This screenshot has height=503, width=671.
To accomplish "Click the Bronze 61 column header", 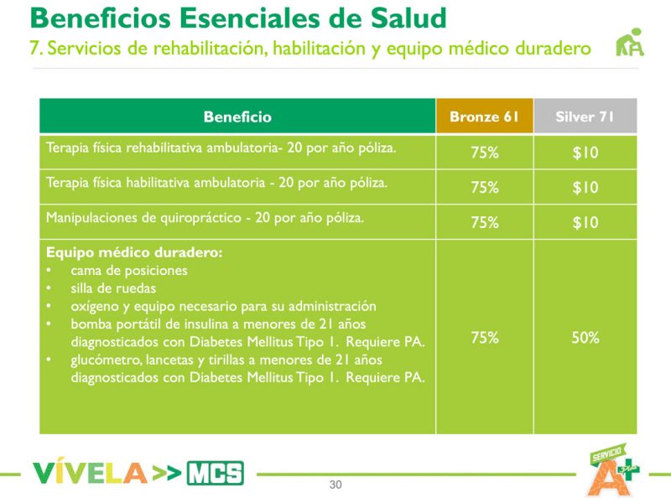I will [484, 117].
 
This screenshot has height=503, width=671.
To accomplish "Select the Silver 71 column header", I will [585, 117].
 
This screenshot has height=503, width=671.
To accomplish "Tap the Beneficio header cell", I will [237, 117].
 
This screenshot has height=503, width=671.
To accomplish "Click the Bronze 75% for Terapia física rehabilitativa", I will [484, 153].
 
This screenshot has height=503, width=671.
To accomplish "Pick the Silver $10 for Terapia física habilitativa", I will [585, 188].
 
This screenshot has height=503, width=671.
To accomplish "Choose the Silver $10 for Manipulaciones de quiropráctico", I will [585, 223].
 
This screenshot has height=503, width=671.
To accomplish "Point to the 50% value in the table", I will [585, 338].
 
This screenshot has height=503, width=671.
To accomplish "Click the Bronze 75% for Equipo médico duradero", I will [484, 338].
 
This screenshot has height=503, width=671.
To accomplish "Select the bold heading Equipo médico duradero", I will [133, 253].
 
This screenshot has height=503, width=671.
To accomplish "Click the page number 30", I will [335, 485].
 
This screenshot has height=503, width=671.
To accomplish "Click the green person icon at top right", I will [630, 44].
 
